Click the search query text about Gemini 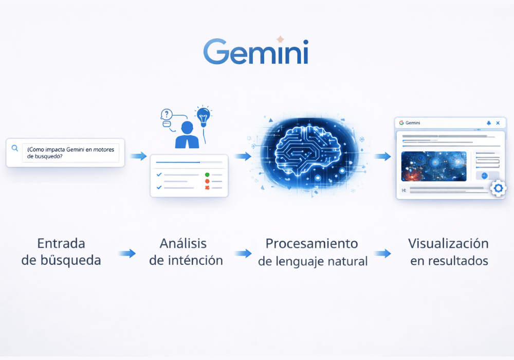coord(70,152)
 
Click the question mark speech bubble coord(166,114)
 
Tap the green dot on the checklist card coord(207,175)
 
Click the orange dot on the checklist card coord(207,182)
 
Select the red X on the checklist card coord(207,188)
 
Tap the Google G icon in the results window coord(401,123)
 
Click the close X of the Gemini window coord(498,123)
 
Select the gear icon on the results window coord(498,189)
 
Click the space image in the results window coord(433,166)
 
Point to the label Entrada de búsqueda coord(61,251)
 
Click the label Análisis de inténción coord(186,251)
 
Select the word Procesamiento coord(311,243)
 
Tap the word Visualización coord(448,243)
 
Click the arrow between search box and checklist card coord(138,156)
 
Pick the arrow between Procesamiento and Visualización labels coord(382,253)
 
